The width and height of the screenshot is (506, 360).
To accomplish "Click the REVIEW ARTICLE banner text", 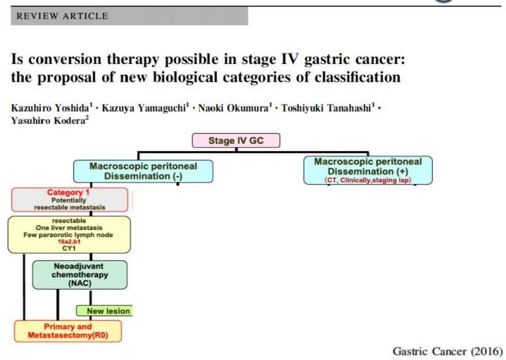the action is coord(62,15).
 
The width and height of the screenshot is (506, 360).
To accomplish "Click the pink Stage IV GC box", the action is coord(236,141).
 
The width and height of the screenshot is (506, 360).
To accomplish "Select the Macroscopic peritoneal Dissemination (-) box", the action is coord(144,171).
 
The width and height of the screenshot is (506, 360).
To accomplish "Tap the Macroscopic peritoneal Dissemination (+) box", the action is coord(368,170).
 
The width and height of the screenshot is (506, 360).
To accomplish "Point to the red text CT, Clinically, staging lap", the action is coord(368,180).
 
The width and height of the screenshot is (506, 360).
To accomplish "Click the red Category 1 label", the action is coord(68,193).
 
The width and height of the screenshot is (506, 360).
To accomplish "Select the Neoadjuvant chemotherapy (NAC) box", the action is coord(80,275).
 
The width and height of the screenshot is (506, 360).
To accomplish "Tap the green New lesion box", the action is coord(105,311).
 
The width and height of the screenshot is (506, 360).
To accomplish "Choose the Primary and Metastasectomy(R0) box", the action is coord(68,331).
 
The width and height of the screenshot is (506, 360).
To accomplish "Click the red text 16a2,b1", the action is coord(69,242).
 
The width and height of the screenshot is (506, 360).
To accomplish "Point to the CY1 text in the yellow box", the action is coord(69,248).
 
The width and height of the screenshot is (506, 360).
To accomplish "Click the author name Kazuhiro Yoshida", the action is coord(50,108).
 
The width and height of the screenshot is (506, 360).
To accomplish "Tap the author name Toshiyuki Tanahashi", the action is coord(327,108).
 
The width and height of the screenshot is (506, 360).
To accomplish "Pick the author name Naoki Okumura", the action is coord(233,108).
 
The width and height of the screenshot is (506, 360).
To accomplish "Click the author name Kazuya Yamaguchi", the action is coord(144,108).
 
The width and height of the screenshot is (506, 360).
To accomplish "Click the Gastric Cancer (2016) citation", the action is coord(448,351).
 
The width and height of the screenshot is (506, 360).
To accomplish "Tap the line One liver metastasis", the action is coord(69,228).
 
